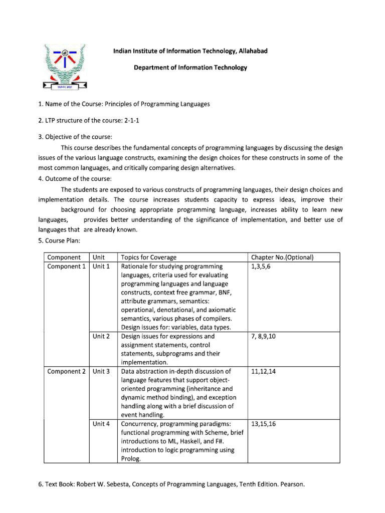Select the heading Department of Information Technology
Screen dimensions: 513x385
point(190,68)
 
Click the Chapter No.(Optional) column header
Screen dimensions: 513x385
point(282,258)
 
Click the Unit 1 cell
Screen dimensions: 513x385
point(101,267)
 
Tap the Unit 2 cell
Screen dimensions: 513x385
point(101,336)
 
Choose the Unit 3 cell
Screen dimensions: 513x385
point(101,371)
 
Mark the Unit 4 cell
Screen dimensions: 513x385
point(101,424)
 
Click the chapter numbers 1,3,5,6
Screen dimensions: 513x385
point(261,267)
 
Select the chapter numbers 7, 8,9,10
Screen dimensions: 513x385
point(264,336)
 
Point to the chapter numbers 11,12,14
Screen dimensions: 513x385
point(263,371)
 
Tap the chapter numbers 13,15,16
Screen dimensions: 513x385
point(263,424)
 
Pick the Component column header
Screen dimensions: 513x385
point(64,258)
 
